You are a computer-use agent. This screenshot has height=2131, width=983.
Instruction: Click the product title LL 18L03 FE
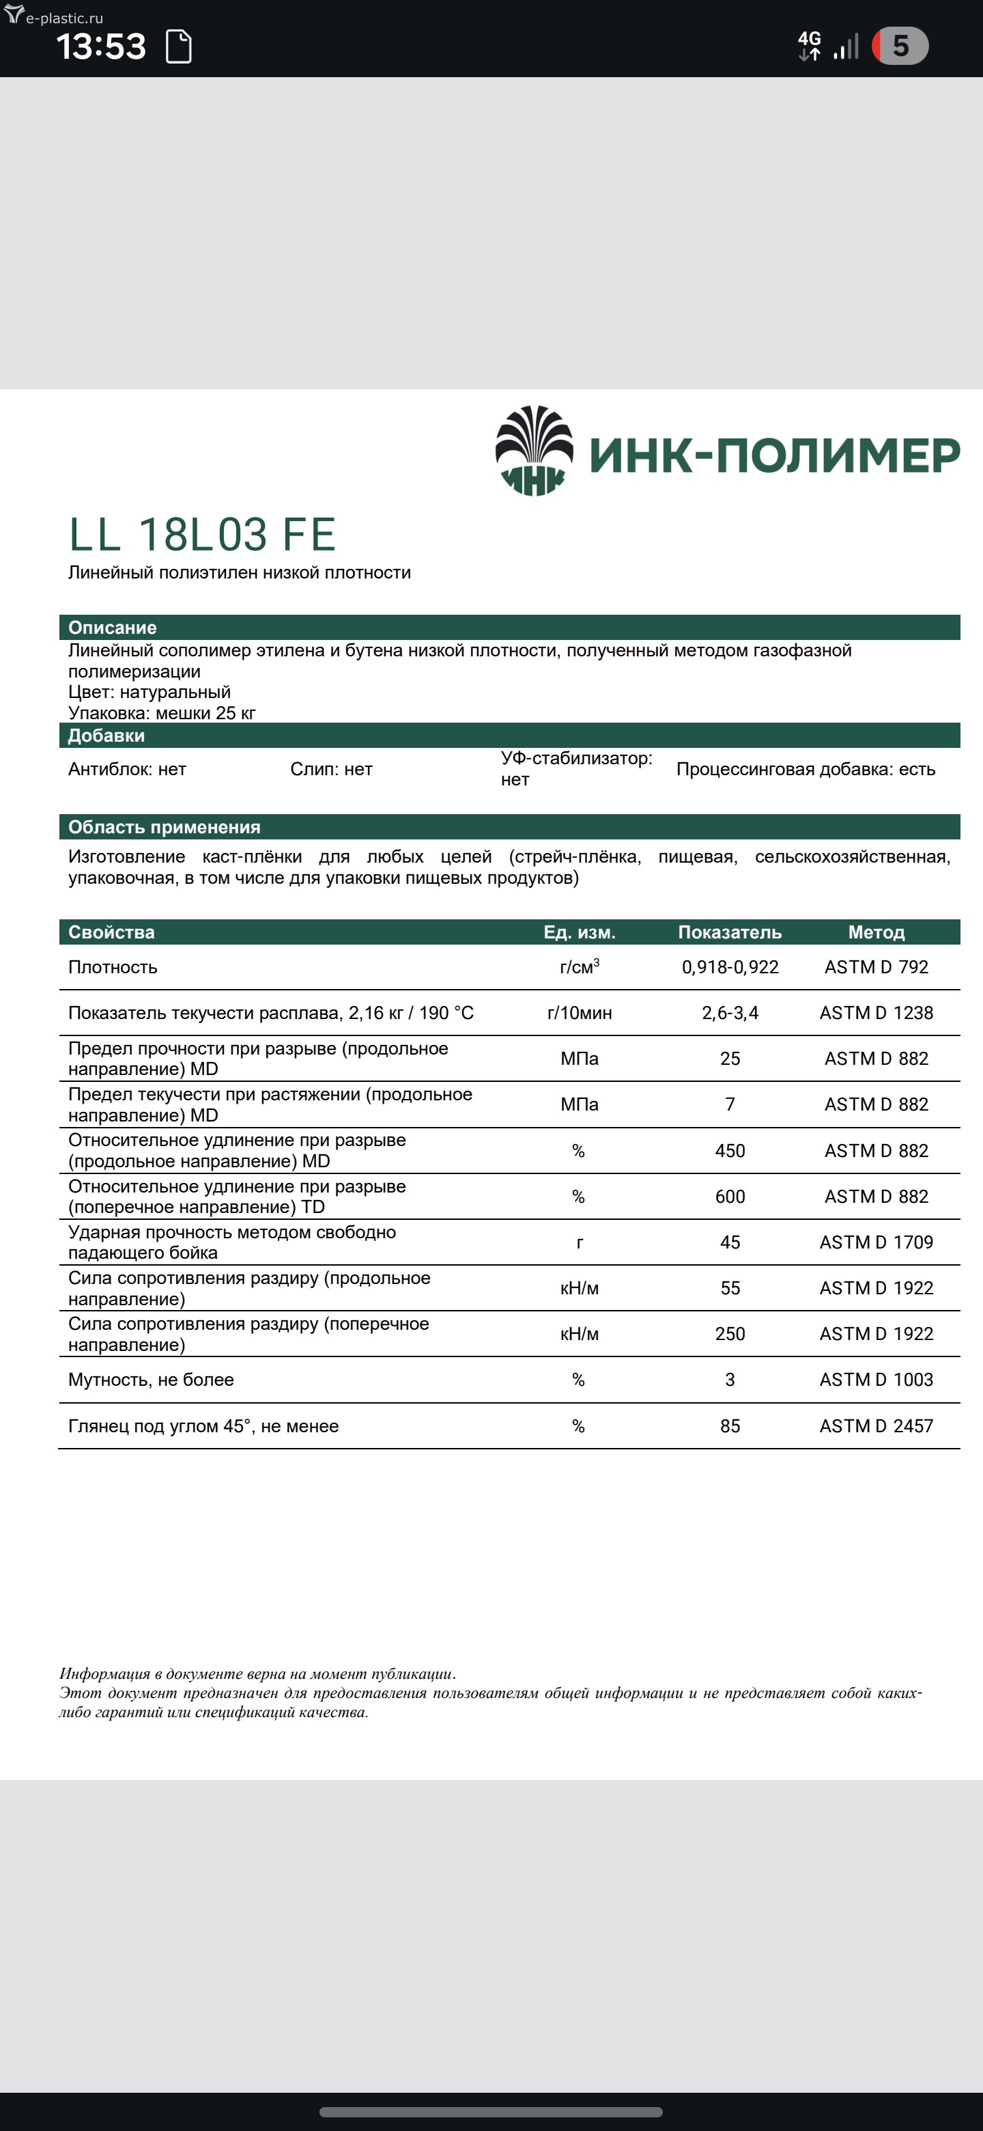tap(202, 534)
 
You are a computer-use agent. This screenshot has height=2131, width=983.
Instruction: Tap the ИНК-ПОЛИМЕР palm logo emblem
tap(534, 451)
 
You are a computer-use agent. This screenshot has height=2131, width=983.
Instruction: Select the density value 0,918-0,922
tap(730, 967)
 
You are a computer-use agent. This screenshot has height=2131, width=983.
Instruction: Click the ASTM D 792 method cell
tap(876, 967)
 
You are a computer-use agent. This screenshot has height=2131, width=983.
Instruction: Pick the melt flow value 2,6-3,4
tap(730, 1012)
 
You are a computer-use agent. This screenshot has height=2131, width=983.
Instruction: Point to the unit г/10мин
tap(580, 1012)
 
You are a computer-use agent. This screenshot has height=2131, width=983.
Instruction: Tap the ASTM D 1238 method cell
tap(876, 1012)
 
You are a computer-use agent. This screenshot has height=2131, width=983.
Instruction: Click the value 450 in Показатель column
tap(730, 1151)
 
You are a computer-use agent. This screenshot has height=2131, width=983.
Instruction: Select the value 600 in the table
tap(730, 1196)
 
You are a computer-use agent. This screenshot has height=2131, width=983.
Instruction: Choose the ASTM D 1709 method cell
tap(876, 1242)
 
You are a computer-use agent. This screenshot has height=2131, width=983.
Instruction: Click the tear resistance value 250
tap(730, 1333)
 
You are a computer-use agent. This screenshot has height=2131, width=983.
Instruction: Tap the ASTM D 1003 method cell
tap(876, 1380)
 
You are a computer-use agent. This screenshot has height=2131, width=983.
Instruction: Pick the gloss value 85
tap(730, 1426)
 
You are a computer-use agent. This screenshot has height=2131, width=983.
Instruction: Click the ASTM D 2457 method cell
tap(876, 1426)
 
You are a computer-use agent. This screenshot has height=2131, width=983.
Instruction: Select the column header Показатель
tap(730, 932)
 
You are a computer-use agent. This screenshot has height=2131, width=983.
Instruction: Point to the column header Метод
tap(876, 932)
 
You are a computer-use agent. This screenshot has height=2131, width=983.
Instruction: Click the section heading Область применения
tap(165, 827)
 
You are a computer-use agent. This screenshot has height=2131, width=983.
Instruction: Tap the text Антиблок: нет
tap(128, 769)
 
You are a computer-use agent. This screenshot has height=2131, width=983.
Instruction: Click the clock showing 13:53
tap(101, 46)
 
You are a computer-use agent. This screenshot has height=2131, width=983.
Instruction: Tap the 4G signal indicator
tap(810, 46)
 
